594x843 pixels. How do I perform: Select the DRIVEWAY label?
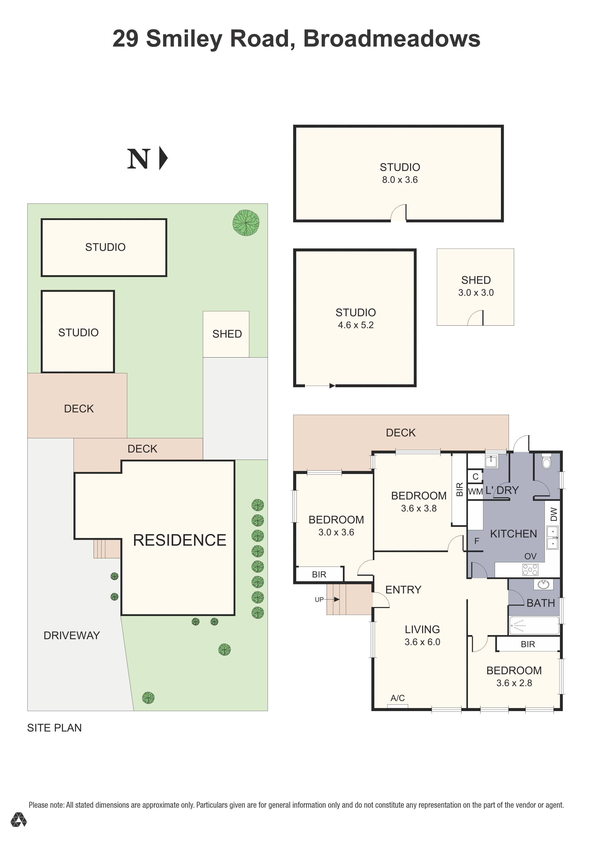(x=72, y=636)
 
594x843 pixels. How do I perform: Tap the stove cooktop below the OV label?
(x=530, y=569)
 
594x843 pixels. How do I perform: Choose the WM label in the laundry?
(x=475, y=491)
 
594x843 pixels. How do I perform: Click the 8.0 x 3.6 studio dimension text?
(x=400, y=180)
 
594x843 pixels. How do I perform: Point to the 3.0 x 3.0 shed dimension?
(x=476, y=293)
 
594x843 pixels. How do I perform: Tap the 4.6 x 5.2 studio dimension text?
(x=356, y=325)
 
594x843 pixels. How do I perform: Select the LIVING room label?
(x=422, y=629)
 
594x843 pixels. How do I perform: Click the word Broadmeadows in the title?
(x=392, y=39)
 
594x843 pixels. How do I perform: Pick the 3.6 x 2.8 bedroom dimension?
(x=514, y=683)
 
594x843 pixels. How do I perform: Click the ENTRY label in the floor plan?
(x=403, y=590)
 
